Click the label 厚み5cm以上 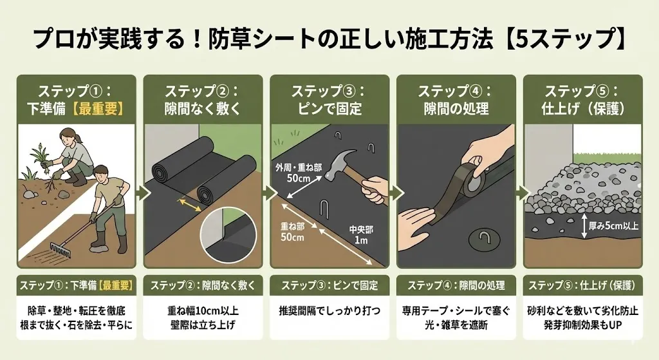(x=613, y=226)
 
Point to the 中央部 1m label (x=360, y=234)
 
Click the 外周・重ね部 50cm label (x=299, y=173)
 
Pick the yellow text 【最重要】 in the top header (x=98, y=108)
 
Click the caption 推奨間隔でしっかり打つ (x=329, y=311)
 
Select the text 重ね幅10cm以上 (x=203, y=311)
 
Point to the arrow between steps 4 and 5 (x=519, y=193)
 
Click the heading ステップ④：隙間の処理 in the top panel (x=456, y=100)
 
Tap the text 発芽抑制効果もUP (x=582, y=325)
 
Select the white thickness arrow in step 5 (x=584, y=226)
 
